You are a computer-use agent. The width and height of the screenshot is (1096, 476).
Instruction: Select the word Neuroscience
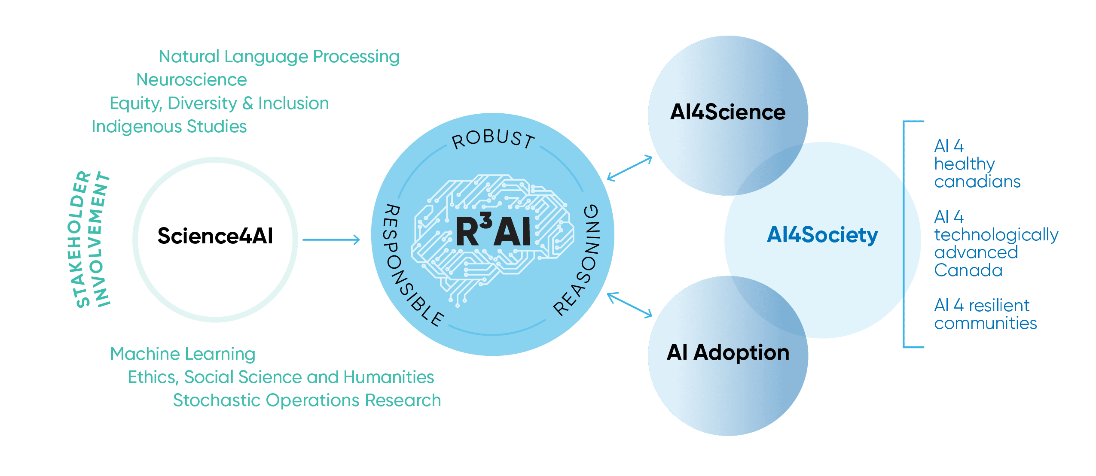[192, 80]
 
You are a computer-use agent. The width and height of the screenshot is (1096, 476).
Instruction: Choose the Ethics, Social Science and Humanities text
[281, 377]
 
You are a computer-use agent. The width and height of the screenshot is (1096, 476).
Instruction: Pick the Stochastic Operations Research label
[307, 400]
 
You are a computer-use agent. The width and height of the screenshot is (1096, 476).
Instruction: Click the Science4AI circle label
[215, 236]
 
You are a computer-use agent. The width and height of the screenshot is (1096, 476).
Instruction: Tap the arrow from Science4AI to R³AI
[331, 240]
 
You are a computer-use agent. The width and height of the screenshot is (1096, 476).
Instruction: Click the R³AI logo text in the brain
[493, 231]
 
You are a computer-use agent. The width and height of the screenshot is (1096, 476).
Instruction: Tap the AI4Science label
[728, 112]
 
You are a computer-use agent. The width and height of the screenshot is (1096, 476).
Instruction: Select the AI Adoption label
[728, 352]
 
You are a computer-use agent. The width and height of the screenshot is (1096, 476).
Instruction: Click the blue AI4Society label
[822, 235]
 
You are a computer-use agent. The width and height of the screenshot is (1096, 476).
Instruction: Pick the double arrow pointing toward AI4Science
[629, 168]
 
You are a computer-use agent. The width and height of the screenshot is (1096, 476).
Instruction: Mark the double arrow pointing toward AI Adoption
[629, 305]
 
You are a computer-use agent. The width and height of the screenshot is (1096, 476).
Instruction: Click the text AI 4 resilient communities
[985, 315]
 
